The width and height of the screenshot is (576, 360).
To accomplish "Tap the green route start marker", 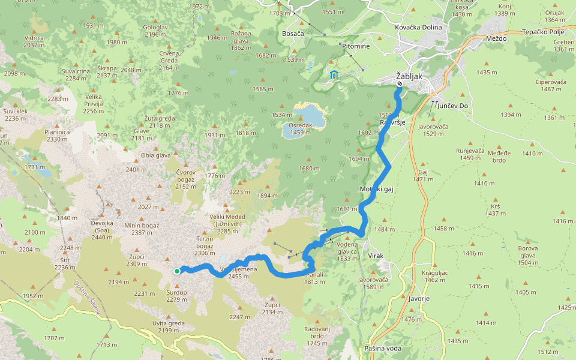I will pos(177,271).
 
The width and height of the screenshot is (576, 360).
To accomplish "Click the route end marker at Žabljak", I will pos(399,83).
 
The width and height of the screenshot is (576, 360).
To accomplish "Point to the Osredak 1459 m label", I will pos(301,128).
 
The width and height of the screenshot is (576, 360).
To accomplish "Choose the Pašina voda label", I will pos(383,349).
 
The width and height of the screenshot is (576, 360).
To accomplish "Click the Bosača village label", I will pos(293,34).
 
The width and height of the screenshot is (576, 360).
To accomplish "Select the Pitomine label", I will pos(356,46).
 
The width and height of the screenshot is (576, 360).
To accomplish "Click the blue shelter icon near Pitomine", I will pos(333,74).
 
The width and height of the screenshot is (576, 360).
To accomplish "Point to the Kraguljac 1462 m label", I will pos(434,277).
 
